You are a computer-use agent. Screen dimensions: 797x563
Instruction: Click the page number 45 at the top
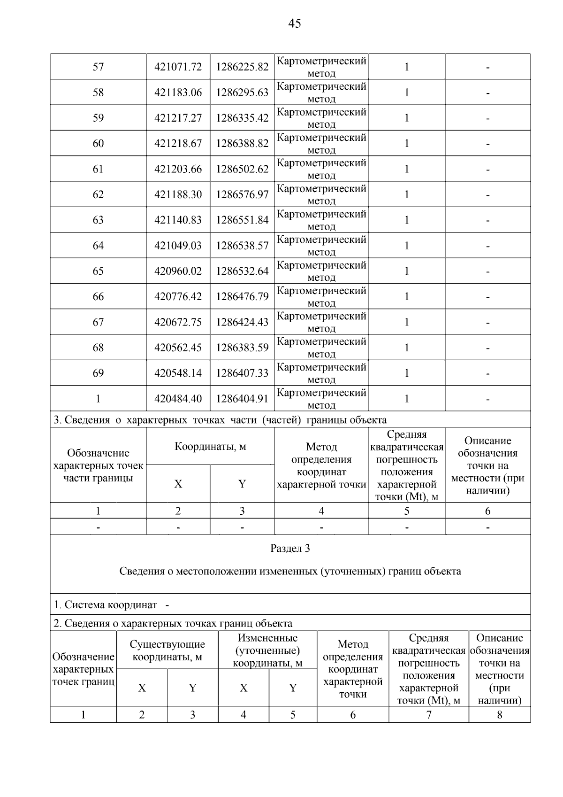tap(295, 23)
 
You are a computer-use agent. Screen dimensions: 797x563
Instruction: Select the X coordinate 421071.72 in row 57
tap(178, 67)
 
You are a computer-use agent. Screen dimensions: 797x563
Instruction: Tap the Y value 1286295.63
tap(242, 93)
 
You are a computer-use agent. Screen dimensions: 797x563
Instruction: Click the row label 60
tap(98, 144)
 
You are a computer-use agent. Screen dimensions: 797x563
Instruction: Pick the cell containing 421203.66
tap(178, 169)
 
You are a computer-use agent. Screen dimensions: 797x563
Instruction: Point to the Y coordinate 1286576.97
tap(242, 194)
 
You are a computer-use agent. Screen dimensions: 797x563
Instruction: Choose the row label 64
tap(98, 246)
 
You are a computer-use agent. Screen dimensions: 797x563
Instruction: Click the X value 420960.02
tap(178, 271)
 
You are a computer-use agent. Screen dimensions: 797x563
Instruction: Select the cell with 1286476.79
tap(242, 297)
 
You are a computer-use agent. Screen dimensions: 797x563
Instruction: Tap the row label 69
tap(98, 373)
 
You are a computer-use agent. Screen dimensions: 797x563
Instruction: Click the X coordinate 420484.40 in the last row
tap(178, 399)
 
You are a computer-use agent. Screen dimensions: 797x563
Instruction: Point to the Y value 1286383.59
tap(242, 348)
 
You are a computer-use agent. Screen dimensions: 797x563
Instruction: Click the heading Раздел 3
tap(290, 549)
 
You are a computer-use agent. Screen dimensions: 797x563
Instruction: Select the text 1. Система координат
tap(106, 605)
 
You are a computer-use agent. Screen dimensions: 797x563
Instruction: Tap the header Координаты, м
tap(210, 447)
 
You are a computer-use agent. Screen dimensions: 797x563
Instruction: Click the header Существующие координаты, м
tap(167, 650)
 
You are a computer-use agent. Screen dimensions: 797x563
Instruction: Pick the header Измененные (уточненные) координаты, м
tap(267, 650)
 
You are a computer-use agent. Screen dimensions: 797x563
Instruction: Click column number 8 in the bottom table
tap(499, 715)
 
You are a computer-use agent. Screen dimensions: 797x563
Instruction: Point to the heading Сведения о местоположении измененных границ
tap(290, 572)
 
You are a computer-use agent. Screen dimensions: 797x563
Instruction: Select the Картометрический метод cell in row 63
tap(321, 220)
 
